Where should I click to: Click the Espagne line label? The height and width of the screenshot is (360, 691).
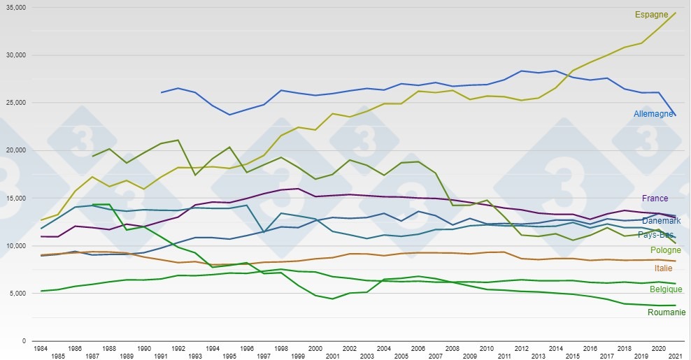[x=651, y=15]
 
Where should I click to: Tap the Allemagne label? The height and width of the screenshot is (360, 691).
[x=653, y=114]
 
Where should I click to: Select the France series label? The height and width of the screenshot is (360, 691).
[x=655, y=199]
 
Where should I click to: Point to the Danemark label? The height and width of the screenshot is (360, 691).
[x=661, y=221]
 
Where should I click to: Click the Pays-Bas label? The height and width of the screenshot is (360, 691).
[x=656, y=235]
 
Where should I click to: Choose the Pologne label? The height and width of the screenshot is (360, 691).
[x=665, y=250]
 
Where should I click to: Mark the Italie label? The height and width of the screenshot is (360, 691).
[x=664, y=268]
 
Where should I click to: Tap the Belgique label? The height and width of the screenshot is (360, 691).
[x=665, y=289]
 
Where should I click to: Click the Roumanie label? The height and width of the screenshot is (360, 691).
[x=667, y=312]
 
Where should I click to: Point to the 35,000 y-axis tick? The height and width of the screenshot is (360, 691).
[x=15, y=8]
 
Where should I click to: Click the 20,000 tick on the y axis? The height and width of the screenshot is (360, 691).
[x=15, y=150]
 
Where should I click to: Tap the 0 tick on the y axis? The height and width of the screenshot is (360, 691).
[x=23, y=341]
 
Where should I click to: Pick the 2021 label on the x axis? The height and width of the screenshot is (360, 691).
[x=675, y=355]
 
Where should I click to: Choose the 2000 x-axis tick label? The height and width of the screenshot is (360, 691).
[x=315, y=347]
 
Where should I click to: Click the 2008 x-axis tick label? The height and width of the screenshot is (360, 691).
[x=452, y=347]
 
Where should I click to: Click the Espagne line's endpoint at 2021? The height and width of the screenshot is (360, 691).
[x=676, y=13]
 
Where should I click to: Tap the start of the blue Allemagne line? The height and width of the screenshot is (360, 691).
[x=162, y=92]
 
